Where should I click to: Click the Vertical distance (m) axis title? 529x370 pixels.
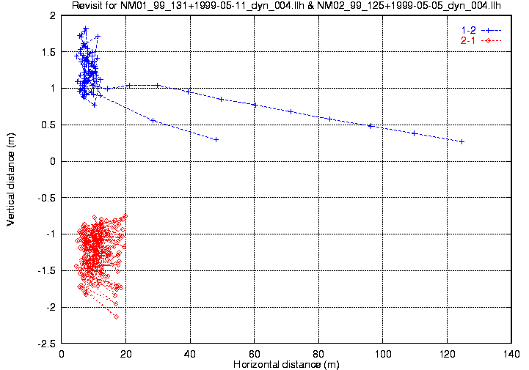coord(11,178)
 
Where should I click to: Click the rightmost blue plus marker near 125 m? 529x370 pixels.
coord(462,141)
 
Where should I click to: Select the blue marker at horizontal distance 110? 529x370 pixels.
coord(414,133)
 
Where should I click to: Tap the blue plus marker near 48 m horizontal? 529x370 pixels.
coord(216,139)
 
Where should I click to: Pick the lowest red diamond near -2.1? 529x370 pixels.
coord(116,316)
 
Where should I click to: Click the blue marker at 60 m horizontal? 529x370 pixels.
coord(255,105)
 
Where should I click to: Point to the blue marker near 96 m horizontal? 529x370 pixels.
coord(371,126)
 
